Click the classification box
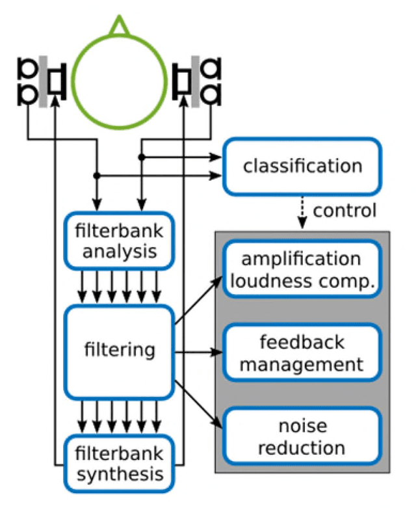[x=302, y=166]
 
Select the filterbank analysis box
[x=118, y=240]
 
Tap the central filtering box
[x=120, y=351]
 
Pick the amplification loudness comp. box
[x=300, y=269]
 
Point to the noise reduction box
[x=300, y=437]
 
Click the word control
[x=344, y=210]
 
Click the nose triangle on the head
[x=119, y=25]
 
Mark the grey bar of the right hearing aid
[x=196, y=81]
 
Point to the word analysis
[x=119, y=251]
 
